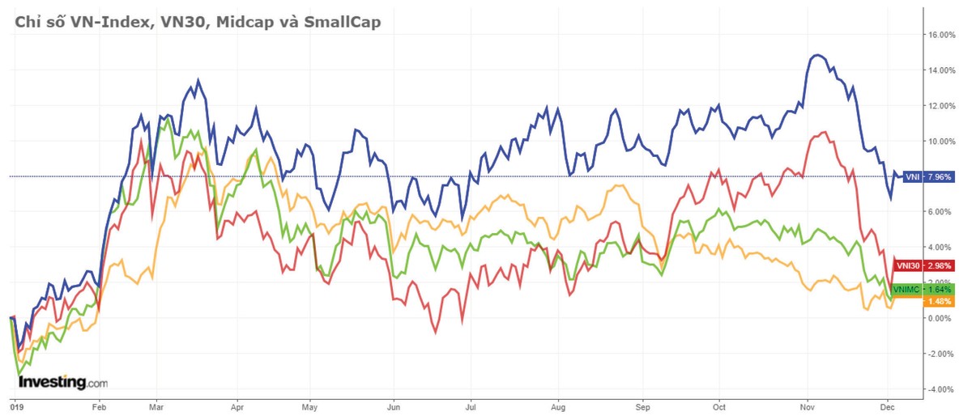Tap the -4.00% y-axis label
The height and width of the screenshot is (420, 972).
coord(942,389)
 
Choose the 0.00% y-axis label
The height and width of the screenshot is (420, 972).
coord(942,318)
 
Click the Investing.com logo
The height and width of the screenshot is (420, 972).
coord(62,381)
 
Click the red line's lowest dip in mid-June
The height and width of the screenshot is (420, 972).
coord(435,332)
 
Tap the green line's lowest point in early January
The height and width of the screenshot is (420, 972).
coord(19,373)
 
